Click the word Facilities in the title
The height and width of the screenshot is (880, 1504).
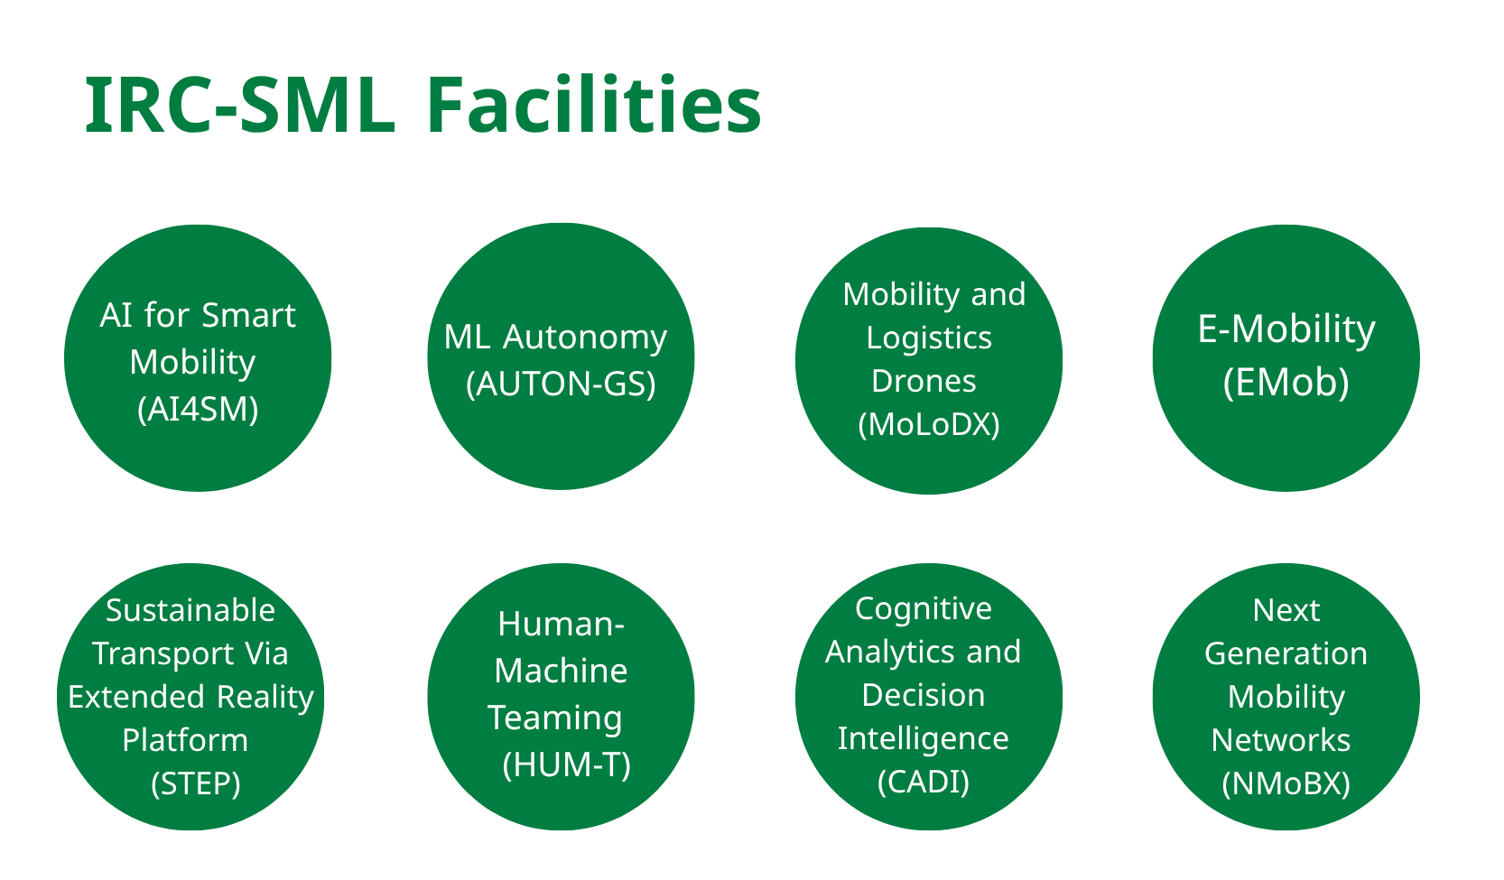tap(593, 105)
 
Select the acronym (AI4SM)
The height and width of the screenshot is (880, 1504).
tap(198, 410)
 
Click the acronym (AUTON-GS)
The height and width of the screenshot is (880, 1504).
tap(561, 384)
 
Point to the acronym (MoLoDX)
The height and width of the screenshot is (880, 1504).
tap(929, 424)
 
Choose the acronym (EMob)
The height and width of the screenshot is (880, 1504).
tap(1286, 383)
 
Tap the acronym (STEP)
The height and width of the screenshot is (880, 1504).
tap(195, 783)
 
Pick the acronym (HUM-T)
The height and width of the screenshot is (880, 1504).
tap(567, 764)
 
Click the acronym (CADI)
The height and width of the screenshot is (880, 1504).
tap(924, 782)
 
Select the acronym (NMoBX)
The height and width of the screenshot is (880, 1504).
tap(1286, 783)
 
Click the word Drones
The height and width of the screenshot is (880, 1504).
tap(924, 381)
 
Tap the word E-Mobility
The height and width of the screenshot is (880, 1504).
tap(1286, 330)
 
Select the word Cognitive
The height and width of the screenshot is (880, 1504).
tap(924, 610)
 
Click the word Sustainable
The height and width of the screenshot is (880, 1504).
tap(190, 610)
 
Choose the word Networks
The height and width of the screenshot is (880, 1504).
tap(1280, 740)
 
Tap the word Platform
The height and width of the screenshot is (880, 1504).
tap(185, 740)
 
